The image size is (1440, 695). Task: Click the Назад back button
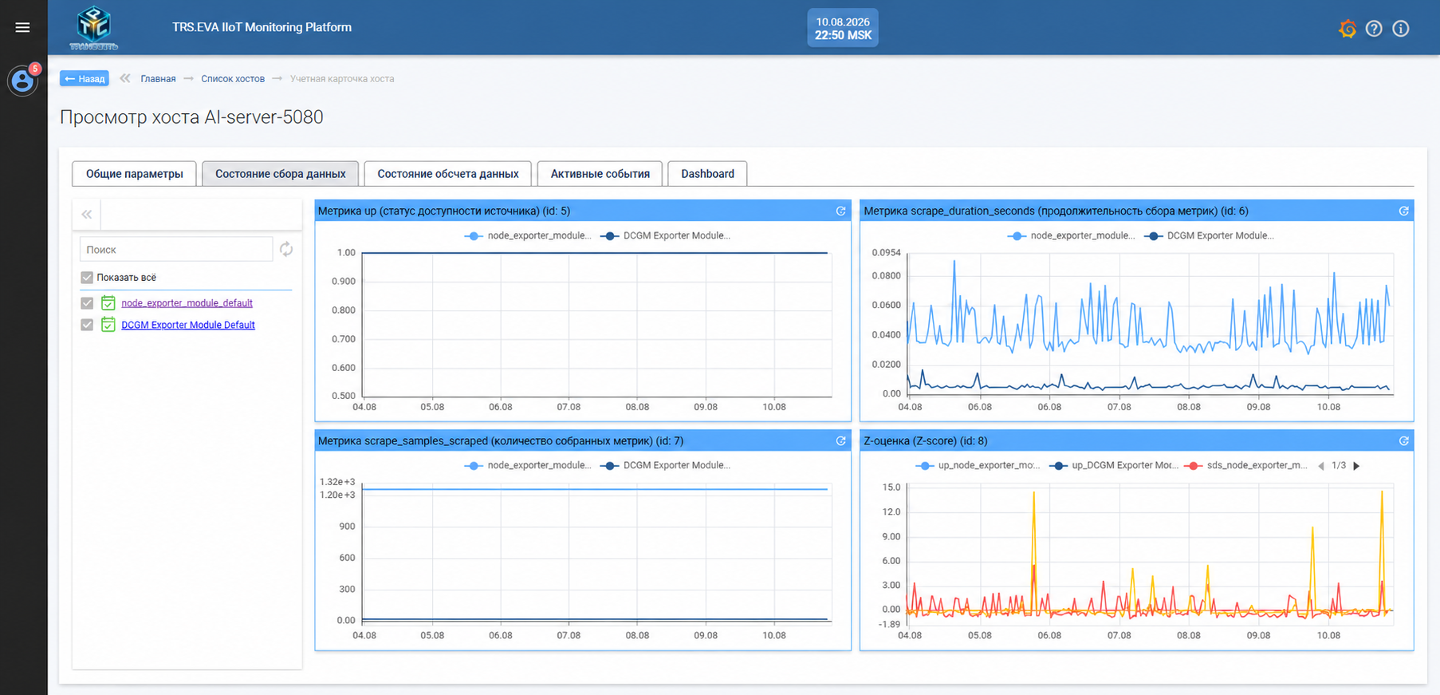tap(85, 78)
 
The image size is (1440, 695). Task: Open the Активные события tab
tap(600, 174)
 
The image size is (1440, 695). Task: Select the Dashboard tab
tap(707, 174)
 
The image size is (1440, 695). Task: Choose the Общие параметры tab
tap(134, 174)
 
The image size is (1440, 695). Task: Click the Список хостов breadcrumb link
tap(233, 79)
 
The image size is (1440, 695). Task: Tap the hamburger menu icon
tap(22, 27)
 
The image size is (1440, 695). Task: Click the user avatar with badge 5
tap(22, 81)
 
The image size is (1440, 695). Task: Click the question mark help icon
tap(1374, 29)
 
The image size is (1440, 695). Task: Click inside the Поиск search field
tap(176, 250)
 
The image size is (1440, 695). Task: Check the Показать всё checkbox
tap(87, 278)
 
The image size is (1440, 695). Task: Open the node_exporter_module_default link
tap(187, 303)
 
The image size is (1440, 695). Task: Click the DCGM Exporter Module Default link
tap(188, 325)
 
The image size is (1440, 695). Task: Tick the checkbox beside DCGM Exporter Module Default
tap(87, 325)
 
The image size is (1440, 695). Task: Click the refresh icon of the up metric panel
tap(840, 211)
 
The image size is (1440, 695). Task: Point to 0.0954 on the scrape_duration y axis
tap(886, 252)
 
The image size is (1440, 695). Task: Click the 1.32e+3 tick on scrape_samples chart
tap(336, 482)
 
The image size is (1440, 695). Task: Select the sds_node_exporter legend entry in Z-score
tap(1246, 465)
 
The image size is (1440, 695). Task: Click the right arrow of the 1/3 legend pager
tap(1356, 466)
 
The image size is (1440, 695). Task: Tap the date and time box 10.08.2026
tap(843, 28)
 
